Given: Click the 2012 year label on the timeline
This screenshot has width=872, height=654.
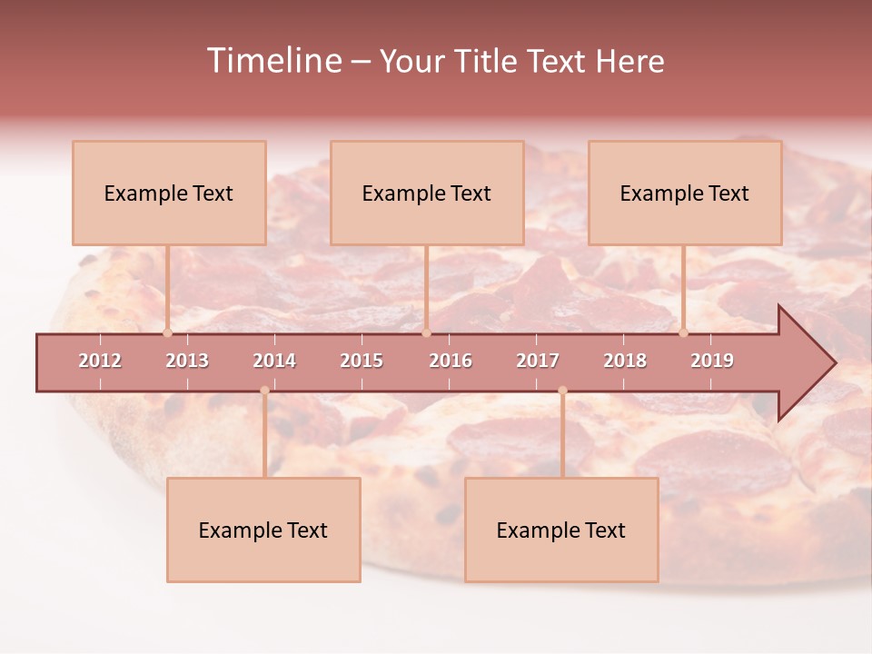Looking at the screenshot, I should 100,361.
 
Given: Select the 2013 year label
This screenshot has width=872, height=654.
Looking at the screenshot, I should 187,361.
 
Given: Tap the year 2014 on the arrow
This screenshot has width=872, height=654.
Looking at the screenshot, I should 274,361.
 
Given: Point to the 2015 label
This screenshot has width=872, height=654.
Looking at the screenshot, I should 362,361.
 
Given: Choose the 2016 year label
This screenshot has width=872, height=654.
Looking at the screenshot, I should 451,361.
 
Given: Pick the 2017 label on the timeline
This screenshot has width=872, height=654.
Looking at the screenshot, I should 538,361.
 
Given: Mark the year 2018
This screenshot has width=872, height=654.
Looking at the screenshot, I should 625,361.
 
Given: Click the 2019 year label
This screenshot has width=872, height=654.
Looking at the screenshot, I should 712,361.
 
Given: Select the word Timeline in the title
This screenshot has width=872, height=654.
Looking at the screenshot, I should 272,61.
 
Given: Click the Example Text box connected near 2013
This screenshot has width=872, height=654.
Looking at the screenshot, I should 169,193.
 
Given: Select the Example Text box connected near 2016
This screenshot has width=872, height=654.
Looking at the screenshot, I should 427,193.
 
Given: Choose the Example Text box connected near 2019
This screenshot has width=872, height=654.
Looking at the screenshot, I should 685,193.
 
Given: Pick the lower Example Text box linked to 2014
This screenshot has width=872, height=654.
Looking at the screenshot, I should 263,530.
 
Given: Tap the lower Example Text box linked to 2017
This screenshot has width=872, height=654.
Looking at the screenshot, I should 561,530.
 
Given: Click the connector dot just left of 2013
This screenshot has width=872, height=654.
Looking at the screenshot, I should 167,332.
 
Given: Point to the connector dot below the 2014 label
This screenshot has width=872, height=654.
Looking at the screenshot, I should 264,391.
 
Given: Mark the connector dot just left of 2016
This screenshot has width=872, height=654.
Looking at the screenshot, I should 426,332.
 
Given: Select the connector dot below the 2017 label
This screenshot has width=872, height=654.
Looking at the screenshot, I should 562,391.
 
